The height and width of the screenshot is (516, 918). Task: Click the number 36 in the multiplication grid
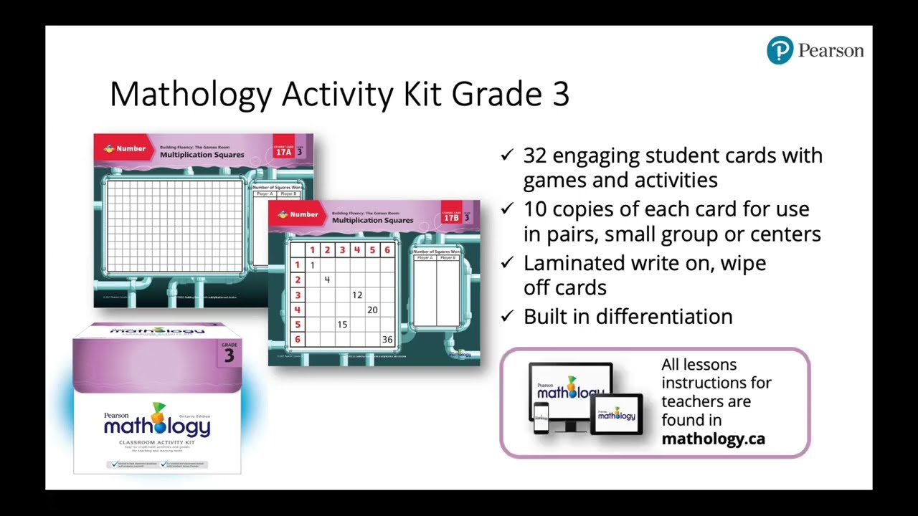(387, 340)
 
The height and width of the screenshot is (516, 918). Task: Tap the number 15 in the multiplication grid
(342, 325)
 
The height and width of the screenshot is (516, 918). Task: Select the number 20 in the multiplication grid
(372, 310)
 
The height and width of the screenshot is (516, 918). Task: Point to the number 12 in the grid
(357, 295)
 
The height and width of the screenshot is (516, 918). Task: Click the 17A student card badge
(284, 151)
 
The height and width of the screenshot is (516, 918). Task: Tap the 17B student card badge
(451, 217)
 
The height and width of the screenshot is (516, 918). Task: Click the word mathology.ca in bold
(713, 439)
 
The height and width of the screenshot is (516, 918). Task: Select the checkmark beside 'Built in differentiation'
(507, 316)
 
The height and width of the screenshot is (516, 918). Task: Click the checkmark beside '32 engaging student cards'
(507, 155)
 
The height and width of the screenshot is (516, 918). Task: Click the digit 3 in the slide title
(560, 94)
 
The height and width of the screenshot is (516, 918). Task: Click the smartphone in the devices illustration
(541, 418)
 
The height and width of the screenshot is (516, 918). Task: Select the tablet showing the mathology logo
(616, 414)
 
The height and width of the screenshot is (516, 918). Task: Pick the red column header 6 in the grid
(387, 250)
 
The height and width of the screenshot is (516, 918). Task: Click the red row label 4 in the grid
(297, 310)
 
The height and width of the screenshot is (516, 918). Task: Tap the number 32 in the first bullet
(535, 156)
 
